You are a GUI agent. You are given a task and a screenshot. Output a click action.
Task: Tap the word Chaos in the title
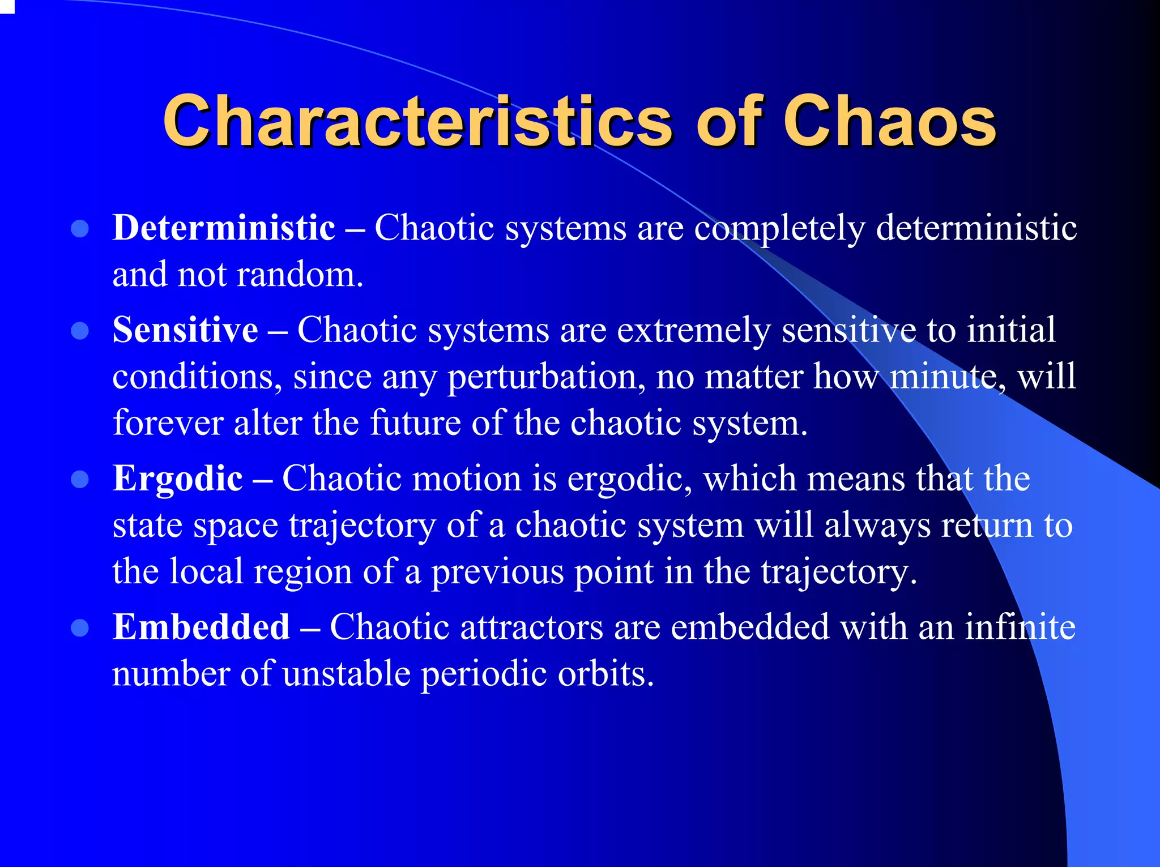click(x=889, y=122)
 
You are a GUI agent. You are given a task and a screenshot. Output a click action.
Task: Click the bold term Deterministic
click(x=224, y=228)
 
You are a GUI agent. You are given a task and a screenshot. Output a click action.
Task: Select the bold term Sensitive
click(x=185, y=330)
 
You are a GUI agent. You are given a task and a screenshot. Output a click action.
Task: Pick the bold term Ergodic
click(x=178, y=479)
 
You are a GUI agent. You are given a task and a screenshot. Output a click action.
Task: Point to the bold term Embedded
click(x=201, y=627)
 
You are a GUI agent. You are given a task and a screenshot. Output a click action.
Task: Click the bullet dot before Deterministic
click(x=80, y=229)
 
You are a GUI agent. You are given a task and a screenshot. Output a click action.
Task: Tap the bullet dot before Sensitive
click(x=80, y=331)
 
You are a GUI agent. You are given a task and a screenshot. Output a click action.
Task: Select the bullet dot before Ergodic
click(x=80, y=480)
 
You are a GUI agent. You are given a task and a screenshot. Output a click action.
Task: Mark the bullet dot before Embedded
click(x=80, y=628)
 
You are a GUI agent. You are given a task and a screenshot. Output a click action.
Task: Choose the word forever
click(x=168, y=423)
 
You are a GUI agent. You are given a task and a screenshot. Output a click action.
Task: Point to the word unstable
click(x=346, y=674)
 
